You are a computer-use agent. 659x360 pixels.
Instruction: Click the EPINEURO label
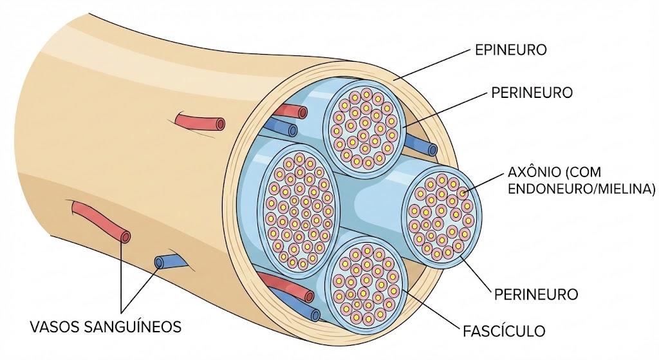tap(510, 50)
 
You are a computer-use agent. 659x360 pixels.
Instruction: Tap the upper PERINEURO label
tap(532, 93)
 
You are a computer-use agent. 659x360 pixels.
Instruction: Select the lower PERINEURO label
tap(536, 294)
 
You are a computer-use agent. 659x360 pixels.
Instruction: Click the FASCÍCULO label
tap(504, 331)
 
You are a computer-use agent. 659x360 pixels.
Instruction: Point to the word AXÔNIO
tap(534, 172)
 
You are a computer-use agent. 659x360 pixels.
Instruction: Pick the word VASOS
tap(55, 327)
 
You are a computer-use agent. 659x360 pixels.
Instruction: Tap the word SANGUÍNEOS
tap(133, 327)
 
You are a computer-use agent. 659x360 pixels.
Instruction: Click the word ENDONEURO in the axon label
tap(548, 189)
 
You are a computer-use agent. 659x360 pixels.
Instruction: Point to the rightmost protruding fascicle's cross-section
tap(441, 215)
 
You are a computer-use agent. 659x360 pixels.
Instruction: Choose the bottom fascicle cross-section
tap(366, 282)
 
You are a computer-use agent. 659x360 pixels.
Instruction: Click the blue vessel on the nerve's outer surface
tap(170, 261)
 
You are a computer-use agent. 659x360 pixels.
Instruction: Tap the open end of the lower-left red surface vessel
tap(125, 236)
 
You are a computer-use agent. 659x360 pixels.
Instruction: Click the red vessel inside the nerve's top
tap(290, 111)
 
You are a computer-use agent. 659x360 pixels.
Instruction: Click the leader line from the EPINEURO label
tap(434, 62)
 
